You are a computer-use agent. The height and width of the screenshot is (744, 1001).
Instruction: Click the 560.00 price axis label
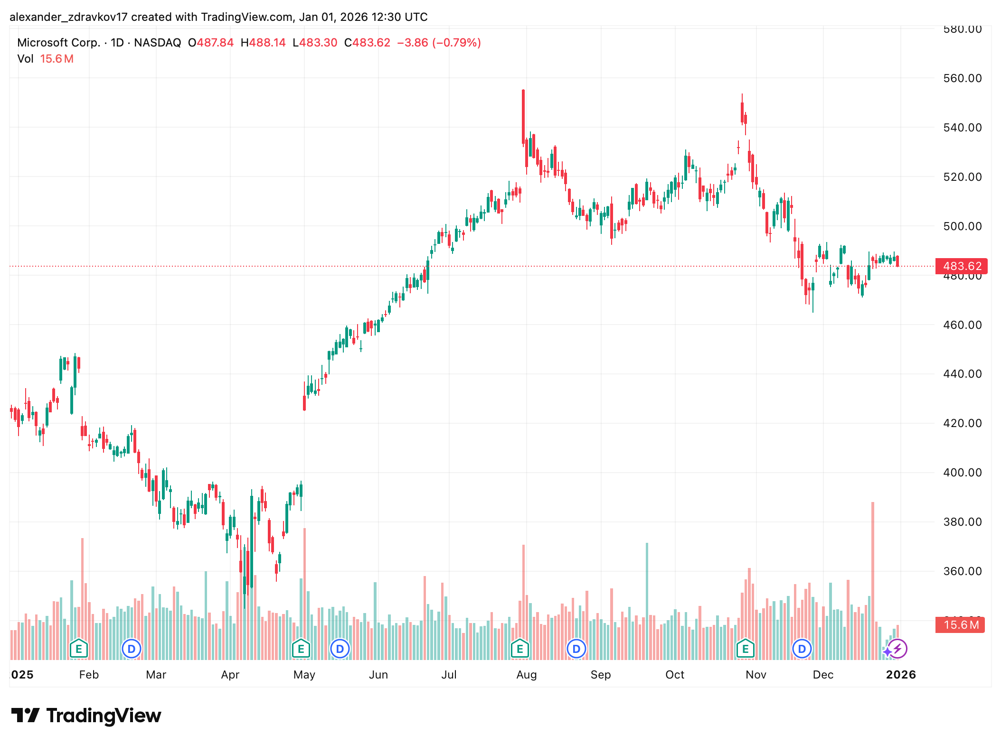(962, 78)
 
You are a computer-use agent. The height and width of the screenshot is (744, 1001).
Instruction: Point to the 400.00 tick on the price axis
(962, 473)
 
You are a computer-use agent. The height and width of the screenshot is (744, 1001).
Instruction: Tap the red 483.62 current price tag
(961, 266)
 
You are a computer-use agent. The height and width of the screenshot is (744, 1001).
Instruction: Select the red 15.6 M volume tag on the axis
(960, 625)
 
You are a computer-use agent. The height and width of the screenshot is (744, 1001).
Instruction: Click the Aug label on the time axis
(526, 675)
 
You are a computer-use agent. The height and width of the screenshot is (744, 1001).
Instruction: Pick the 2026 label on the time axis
(900, 675)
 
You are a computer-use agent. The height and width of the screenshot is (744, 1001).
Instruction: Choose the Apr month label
(230, 675)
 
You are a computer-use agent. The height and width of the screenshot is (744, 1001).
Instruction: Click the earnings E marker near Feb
(79, 649)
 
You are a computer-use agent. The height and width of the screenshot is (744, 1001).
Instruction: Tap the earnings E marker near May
(301, 649)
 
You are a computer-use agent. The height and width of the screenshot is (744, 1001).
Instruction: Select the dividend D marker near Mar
(132, 649)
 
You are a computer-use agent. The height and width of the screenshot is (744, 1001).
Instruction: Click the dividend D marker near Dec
(802, 649)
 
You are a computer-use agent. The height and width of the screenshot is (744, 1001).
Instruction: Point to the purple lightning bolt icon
(898, 649)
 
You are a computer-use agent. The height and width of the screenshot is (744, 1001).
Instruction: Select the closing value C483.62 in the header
(367, 43)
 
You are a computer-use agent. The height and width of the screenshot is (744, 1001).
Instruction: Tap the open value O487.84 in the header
(211, 43)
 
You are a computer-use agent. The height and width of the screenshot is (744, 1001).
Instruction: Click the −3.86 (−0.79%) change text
(439, 43)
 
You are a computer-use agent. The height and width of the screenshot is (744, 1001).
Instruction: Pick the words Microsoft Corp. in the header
(58, 43)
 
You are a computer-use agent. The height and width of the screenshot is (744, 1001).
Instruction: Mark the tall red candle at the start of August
(523, 116)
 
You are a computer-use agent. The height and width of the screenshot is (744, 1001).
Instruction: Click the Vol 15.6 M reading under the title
(46, 59)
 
